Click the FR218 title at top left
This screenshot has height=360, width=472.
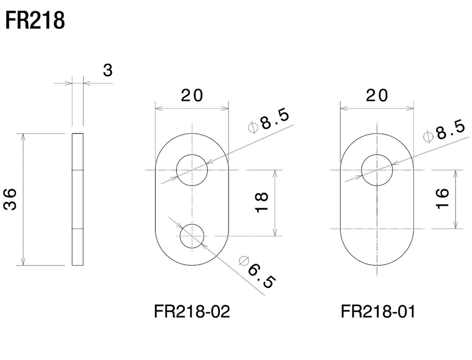(35, 20)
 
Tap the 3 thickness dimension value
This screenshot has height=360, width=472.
(108, 70)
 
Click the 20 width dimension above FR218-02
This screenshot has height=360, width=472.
(192, 95)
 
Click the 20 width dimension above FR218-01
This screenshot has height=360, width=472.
(377, 95)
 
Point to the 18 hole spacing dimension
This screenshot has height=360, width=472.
(262, 202)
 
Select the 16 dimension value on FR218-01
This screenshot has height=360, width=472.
(442, 198)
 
